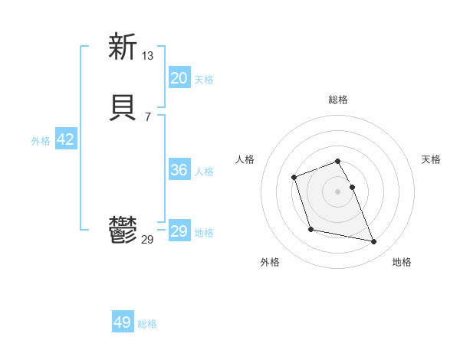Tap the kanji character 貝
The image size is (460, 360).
pos(123,107)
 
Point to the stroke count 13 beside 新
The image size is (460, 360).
pos(148,55)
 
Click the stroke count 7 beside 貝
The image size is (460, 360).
pos(147,116)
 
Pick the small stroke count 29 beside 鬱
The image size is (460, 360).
pos(148,240)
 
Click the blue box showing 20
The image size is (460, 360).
pos(179,78)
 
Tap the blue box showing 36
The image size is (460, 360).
pos(179,170)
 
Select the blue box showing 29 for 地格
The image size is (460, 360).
pos(179,231)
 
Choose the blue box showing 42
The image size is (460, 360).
pos(65,139)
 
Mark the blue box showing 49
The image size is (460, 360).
pos(123,322)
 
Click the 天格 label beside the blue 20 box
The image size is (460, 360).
pos(204,80)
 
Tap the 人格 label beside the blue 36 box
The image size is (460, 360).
pos(204,172)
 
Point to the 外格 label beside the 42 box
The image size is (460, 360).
pos(41,141)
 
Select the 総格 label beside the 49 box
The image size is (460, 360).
pos(147,324)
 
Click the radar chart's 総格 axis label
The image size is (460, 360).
pos(337,100)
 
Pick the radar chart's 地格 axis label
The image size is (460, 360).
pos(402,262)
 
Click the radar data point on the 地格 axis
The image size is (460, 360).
pos(374,242)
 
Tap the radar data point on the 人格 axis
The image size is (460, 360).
pos(294,178)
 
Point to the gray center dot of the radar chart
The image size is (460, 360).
pos(337,191)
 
